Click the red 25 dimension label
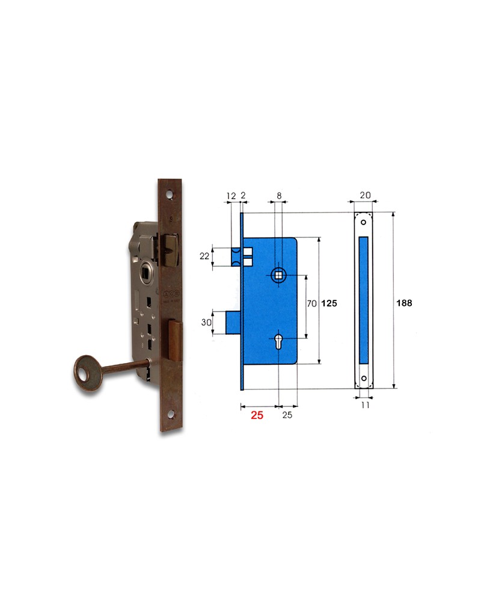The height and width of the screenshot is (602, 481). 257,415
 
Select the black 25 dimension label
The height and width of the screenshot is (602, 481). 287,415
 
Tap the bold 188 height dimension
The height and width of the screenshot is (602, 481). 404,303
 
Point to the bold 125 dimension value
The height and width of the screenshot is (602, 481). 328,304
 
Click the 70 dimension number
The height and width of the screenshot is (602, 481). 311,304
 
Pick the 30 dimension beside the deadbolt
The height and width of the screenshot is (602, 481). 206,321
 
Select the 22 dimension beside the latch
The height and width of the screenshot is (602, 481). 204,256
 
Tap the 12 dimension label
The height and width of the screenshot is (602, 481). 231,196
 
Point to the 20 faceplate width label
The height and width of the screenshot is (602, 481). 365,196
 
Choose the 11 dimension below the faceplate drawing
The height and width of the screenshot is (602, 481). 365,405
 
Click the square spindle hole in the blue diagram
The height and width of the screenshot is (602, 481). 279,275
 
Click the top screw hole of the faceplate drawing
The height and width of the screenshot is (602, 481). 363,222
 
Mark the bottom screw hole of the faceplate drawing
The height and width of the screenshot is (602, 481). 364,379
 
